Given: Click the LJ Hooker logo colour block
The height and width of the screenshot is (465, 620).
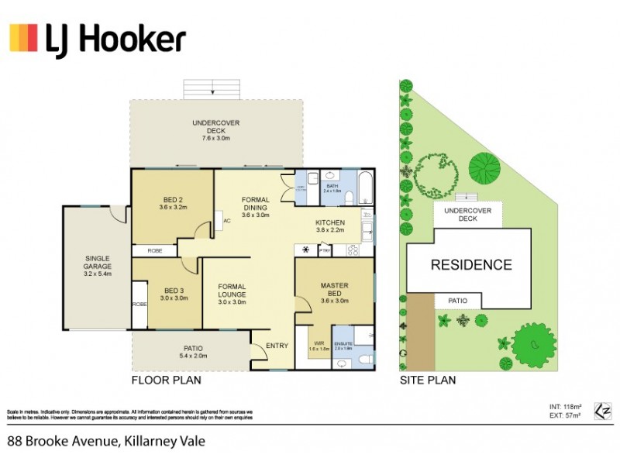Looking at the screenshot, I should [23, 38].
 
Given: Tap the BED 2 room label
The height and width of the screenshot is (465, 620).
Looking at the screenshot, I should [173, 203].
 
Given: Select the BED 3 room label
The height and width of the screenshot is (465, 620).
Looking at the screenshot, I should [173, 294].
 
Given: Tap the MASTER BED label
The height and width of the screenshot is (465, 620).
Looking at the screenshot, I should [334, 290].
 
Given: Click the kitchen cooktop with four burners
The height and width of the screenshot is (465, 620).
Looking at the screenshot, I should [353, 250].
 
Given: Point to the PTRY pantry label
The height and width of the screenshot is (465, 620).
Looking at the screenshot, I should [325, 250].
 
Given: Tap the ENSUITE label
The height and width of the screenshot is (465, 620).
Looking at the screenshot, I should [343, 346].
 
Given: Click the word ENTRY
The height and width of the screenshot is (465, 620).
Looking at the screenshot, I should [277, 346].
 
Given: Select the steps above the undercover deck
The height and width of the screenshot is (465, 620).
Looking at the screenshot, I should [211, 88].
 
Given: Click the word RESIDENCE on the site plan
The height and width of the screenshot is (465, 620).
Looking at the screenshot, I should [470, 264].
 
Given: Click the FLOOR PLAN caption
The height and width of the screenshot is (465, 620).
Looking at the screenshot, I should [167, 381].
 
